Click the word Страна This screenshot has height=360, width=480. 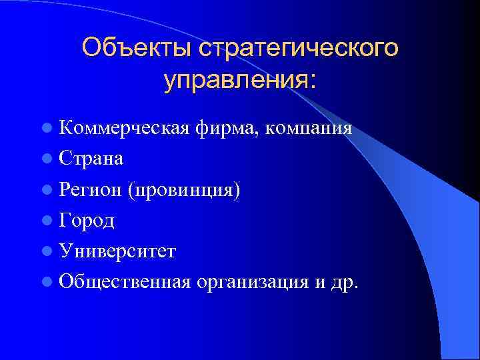pos(90,159)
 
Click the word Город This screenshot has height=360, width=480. pos(87,221)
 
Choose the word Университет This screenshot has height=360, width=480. pos(117,251)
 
